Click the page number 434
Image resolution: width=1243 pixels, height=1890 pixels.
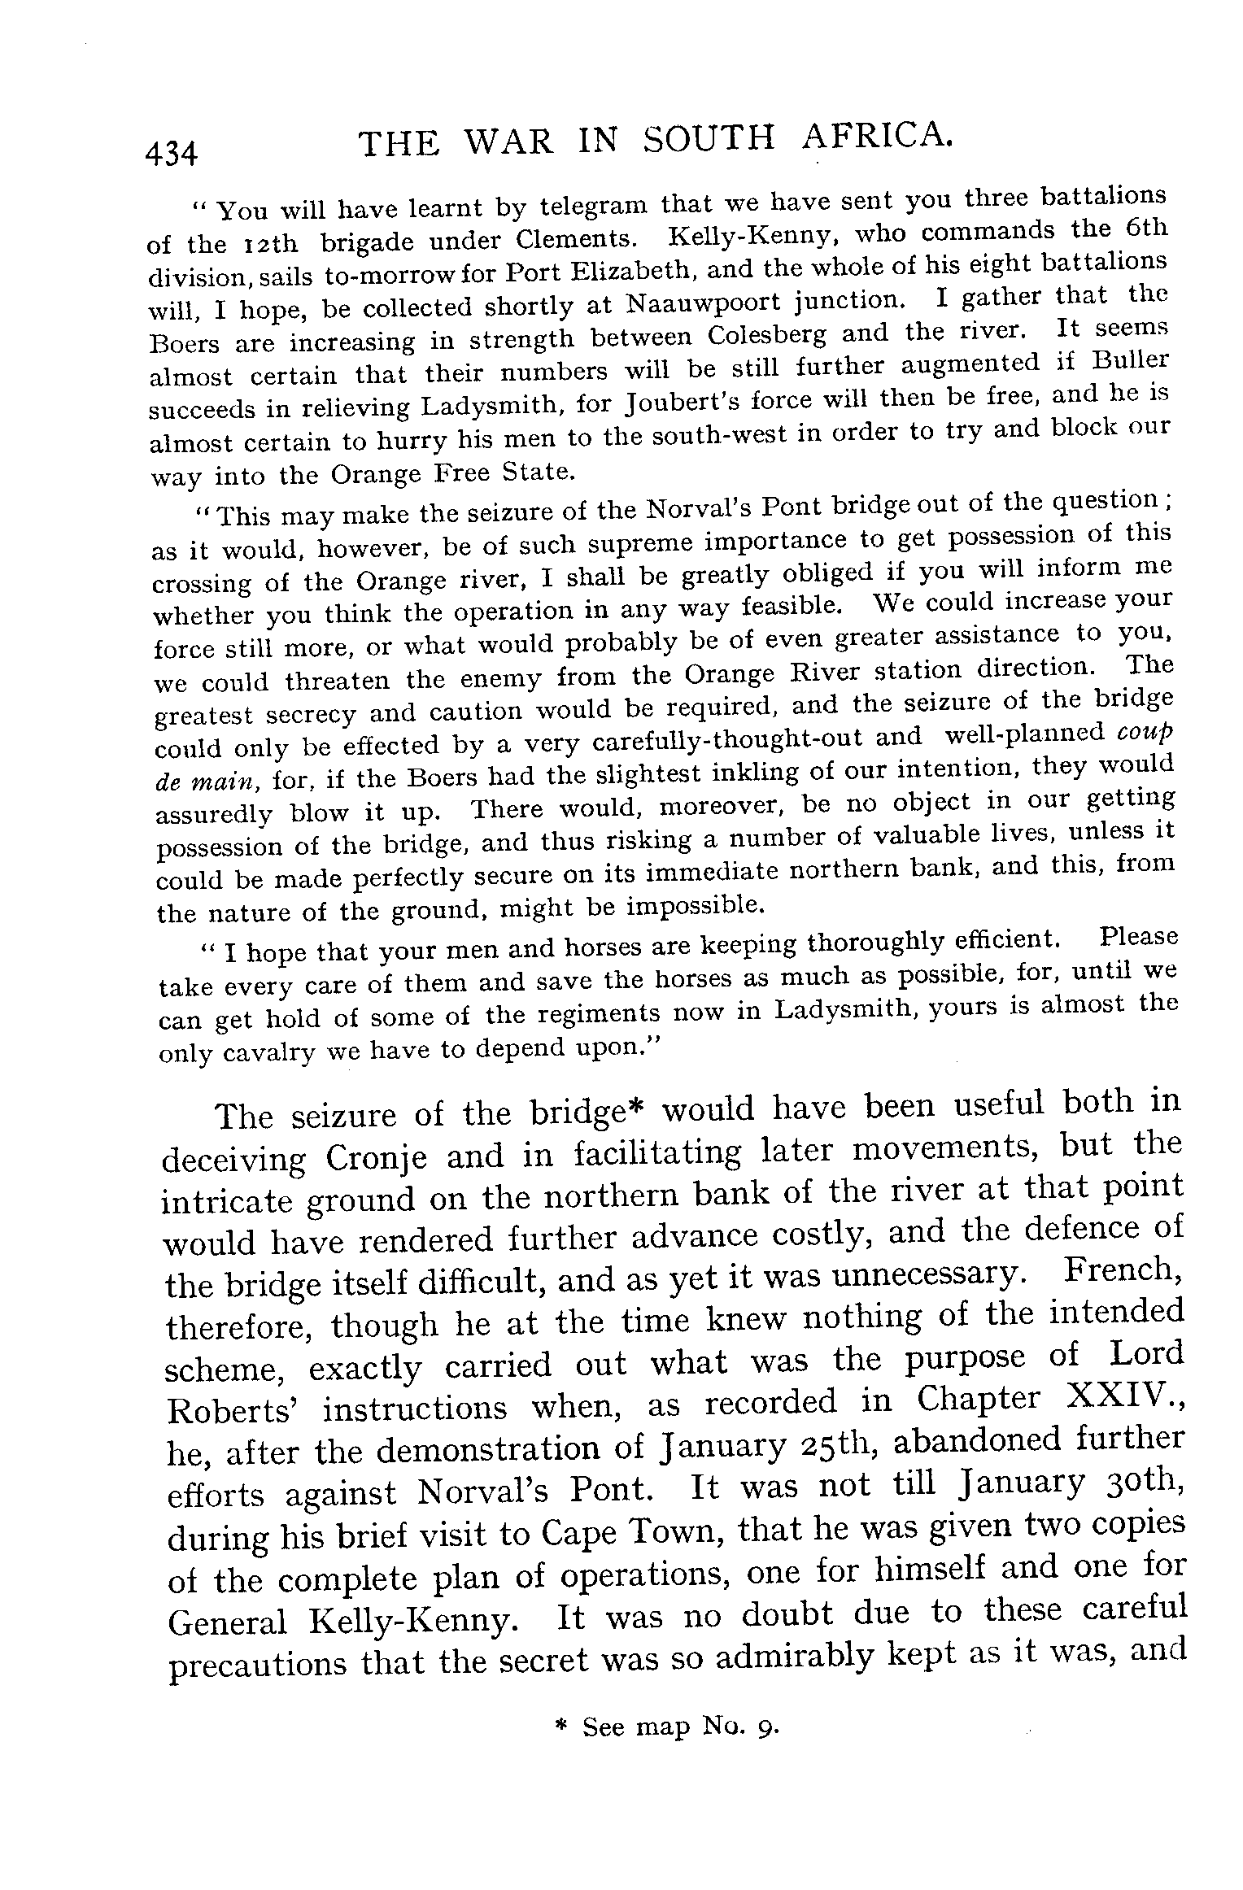click(x=171, y=152)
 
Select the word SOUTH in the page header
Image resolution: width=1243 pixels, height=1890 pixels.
click(x=708, y=139)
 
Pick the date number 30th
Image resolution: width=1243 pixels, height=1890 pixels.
click(x=1132, y=1485)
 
